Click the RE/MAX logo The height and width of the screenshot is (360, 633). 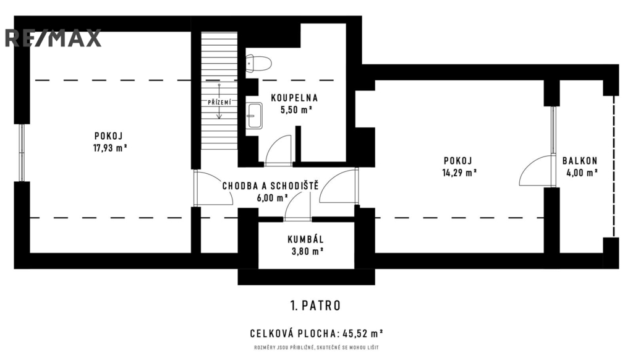(x=53, y=38)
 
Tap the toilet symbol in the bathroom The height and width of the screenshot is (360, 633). (x=258, y=64)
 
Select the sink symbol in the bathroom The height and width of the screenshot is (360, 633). (x=254, y=116)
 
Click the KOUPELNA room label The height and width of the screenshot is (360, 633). (x=294, y=98)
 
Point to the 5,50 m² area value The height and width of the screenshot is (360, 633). (x=296, y=109)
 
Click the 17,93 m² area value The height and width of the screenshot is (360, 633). (x=110, y=148)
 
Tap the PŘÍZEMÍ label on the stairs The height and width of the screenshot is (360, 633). (x=219, y=103)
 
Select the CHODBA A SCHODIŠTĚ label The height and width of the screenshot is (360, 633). (x=271, y=186)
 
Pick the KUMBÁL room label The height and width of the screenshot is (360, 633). (x=305, y=239)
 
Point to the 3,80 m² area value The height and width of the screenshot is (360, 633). (x=307, y=251)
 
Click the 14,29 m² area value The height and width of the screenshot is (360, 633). (x=459, y=173)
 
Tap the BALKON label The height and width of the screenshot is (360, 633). (x=580, y=161)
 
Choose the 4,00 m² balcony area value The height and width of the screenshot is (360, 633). (x=582, y=173)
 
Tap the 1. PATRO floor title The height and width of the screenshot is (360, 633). (x=315, y=306)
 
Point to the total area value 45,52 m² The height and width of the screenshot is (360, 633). (x=362, y=334)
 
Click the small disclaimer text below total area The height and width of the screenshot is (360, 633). (x=316, y=348)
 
